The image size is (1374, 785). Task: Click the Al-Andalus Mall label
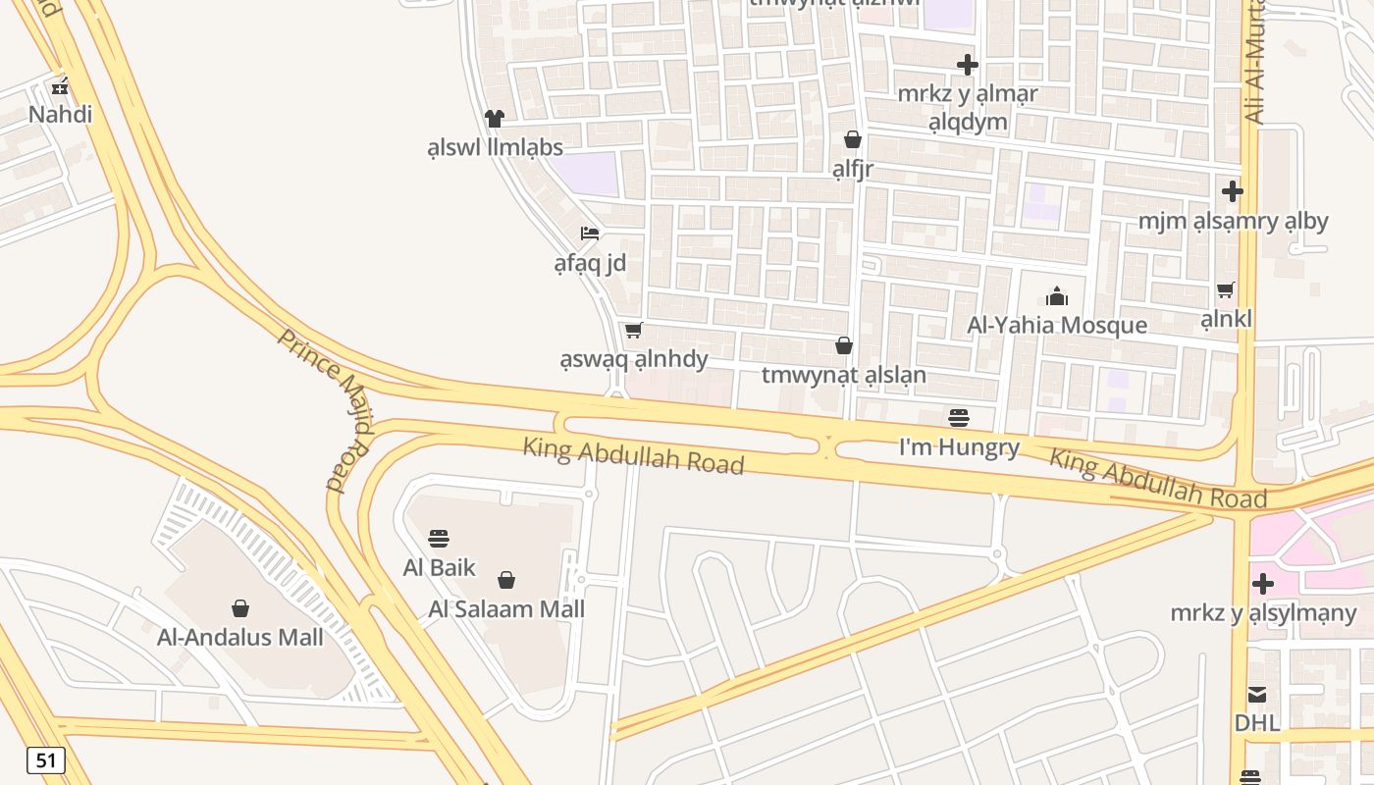coord(239,638)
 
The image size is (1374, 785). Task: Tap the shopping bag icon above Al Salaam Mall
coord(506,580)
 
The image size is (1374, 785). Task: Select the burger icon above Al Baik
coord(439,538)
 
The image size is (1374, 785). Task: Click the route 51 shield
coord(46,760)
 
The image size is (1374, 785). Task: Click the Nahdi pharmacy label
coord(60,115)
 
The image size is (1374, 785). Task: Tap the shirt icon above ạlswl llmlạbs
coord(494,119)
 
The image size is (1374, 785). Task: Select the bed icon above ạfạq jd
coord(590,234)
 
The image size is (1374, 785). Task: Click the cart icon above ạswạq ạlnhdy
coord(634,330)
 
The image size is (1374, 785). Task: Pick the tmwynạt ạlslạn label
coord(843,376)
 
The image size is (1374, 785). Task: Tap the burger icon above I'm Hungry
coord(959,418)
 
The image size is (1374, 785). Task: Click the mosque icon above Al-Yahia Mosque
coord(1057,295)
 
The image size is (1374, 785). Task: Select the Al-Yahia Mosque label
coord(1057,325)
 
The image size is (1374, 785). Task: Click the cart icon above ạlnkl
coord(1226,289)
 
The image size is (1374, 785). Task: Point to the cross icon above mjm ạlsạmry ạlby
coord(1233,190)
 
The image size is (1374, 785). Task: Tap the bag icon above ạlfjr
coord(853,139)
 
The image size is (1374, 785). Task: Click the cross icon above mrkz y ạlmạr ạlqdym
coord(968,65)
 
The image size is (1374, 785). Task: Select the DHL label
coord(1257,723)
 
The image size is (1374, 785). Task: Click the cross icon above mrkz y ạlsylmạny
coord(1263,584)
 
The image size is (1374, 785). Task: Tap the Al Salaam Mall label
coord(506,609)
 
